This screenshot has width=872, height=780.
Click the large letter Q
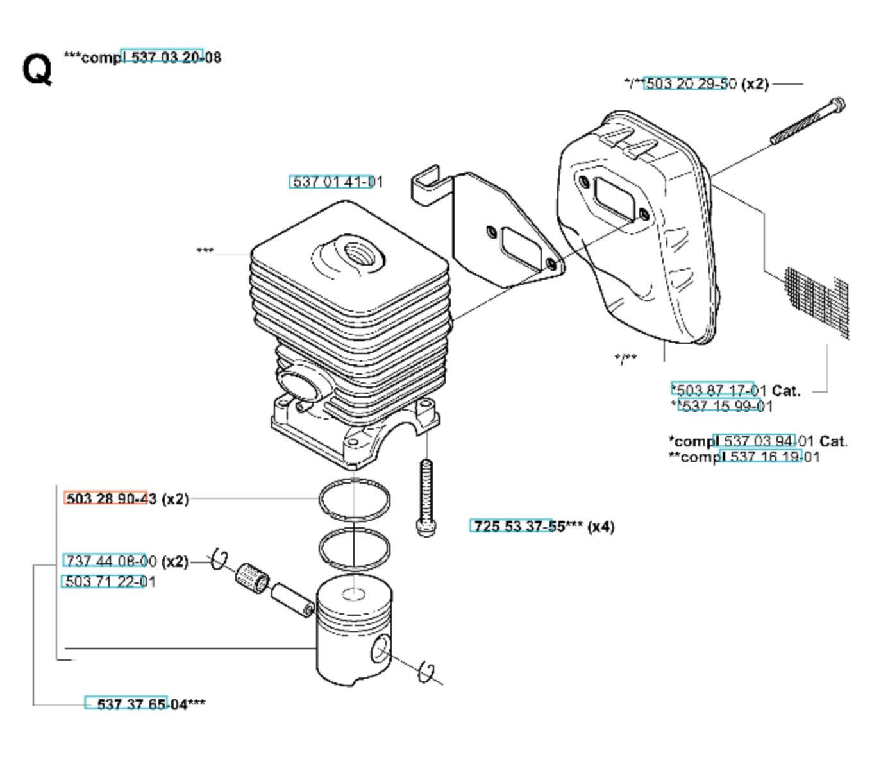37,68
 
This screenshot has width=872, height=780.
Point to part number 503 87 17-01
718,390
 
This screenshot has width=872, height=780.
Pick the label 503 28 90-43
110,498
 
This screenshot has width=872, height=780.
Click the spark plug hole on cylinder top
355,253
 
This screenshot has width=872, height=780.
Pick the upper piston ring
354,499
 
